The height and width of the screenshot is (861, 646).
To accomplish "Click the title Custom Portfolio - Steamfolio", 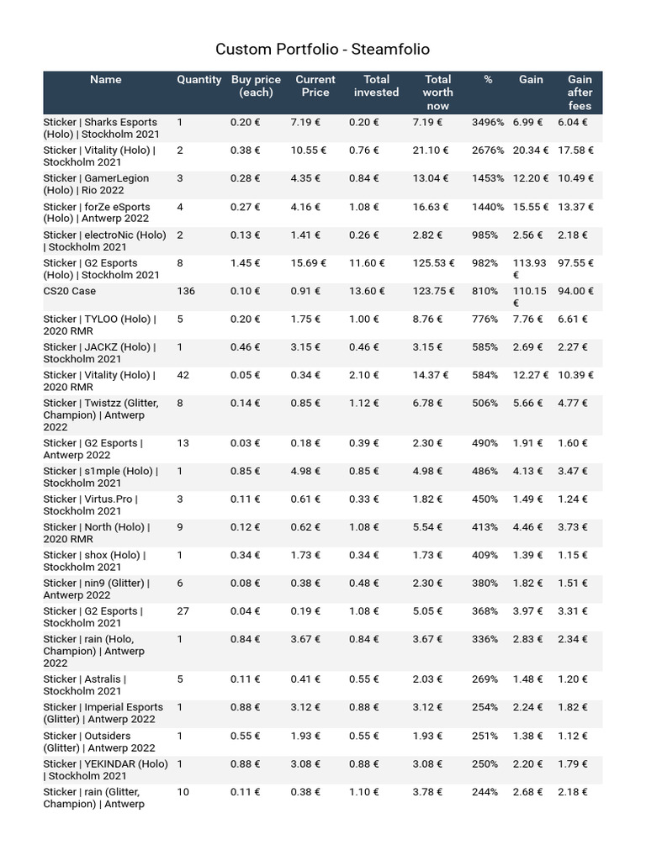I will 322,50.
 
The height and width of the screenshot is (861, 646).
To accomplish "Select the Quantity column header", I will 199,80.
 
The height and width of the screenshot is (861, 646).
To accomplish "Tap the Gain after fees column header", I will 580,92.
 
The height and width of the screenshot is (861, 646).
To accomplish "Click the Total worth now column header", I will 437,92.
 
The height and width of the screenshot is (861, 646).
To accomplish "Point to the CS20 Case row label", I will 70,291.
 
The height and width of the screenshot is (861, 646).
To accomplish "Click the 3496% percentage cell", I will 488,123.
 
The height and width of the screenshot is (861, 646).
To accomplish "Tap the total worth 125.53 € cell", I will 434,263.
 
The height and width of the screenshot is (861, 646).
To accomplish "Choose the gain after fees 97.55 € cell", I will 575,263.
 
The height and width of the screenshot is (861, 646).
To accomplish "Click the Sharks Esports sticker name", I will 100,129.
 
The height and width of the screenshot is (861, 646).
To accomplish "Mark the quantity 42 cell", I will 183,375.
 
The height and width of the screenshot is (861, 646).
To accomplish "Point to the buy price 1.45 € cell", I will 246,263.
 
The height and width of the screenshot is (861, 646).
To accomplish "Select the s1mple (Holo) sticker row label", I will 100,477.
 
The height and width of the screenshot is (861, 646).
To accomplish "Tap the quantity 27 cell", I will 183,611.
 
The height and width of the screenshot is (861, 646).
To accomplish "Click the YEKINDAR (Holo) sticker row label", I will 105,769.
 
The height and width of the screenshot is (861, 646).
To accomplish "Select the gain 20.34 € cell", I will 531,151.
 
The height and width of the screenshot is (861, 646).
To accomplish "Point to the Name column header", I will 105,80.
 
